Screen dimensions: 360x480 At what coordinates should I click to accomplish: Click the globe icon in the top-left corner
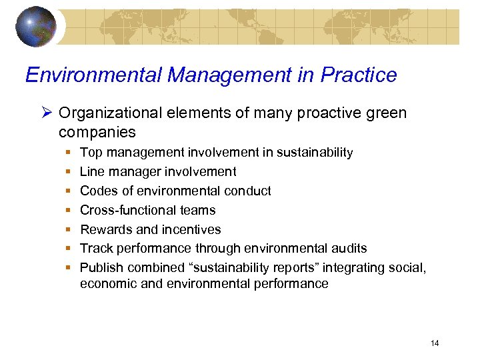(x=37, y=26)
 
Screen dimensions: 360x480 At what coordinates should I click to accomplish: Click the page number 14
(x=435, y=343)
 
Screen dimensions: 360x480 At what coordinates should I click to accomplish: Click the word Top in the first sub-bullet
(x=91, y=153)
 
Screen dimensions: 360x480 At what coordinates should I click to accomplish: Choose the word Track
(x=95, y=249)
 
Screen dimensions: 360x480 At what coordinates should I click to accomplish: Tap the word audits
(x=349, y=249)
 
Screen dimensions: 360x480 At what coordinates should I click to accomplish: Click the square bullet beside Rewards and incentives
(x=69, y=230)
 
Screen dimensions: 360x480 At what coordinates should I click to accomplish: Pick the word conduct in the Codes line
(x=248, y=191)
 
